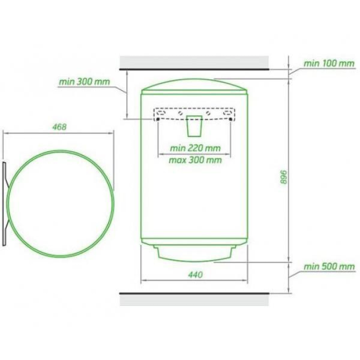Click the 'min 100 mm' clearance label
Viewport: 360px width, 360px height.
point(329,63)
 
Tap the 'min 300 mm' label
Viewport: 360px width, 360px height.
point(84,82)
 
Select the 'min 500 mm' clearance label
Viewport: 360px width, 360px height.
point(329,266)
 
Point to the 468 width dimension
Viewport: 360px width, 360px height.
point(60,127)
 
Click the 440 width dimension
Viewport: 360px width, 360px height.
point(195,275)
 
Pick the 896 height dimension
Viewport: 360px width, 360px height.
point(284,177)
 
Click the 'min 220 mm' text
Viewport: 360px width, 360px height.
point(195,148)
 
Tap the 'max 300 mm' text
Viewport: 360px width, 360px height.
point(195,160)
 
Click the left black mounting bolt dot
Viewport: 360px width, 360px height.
point(158,119)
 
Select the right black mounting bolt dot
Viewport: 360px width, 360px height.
point(230,119)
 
